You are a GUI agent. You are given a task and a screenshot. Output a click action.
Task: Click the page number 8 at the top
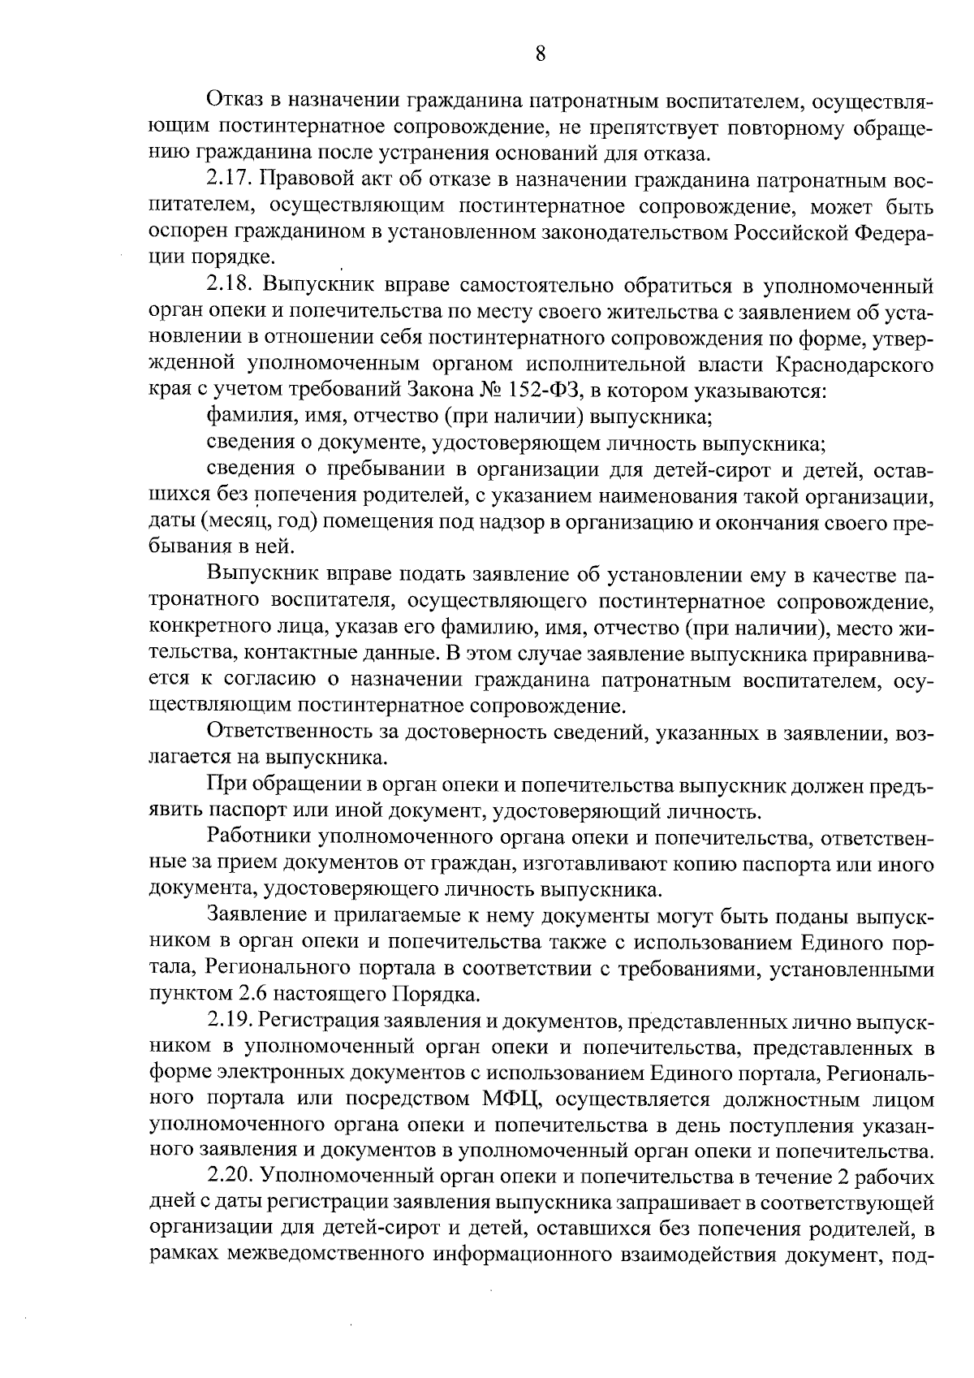point(541,54)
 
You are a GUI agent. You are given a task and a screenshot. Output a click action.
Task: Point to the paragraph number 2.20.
point(233,1177)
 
